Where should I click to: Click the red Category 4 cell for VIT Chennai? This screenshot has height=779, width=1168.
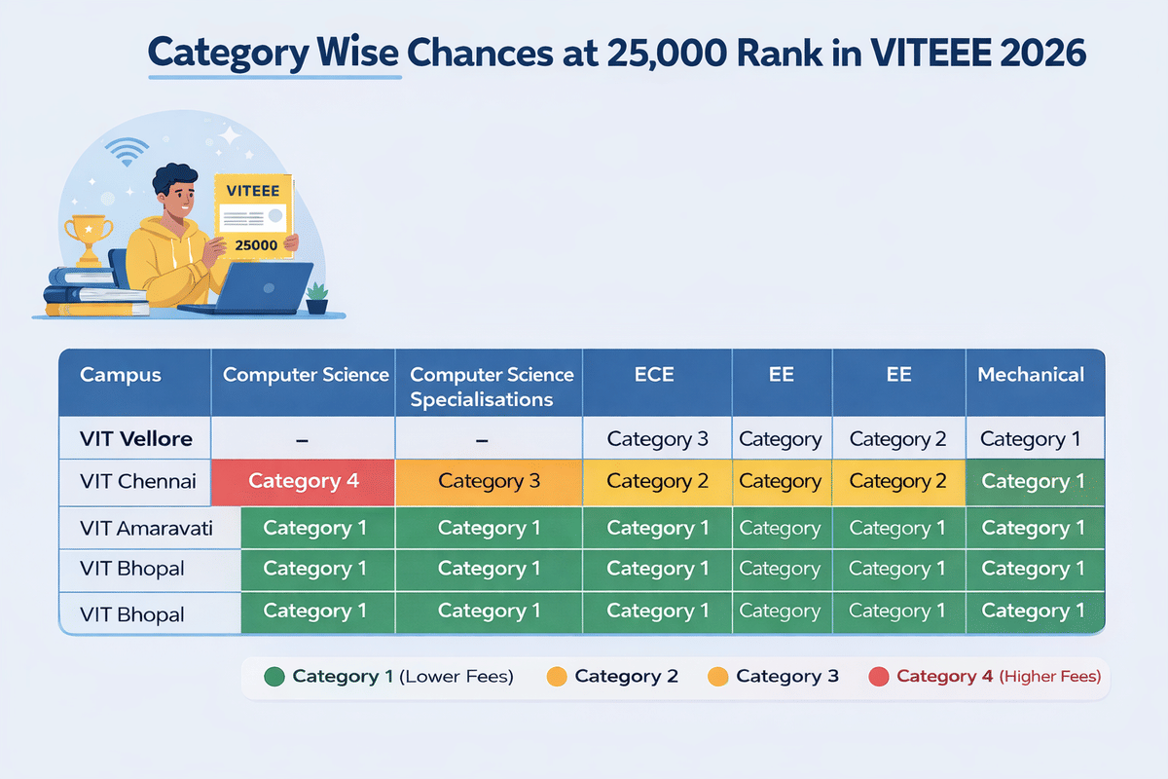coord(303,481)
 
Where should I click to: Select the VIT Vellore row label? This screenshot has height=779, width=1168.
coord(136,439)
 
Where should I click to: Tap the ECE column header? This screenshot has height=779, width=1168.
coord(655,375)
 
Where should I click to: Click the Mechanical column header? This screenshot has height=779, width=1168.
coord(1031,375)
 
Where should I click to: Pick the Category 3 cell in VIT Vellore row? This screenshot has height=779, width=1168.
coord(657,439)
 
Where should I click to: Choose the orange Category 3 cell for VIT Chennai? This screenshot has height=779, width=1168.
coord(489,481)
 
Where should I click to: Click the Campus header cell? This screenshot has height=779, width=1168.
coord(121,375)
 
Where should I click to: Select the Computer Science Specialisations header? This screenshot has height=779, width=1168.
coord(491,387)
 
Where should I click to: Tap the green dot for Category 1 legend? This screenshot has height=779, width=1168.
coord(274,677)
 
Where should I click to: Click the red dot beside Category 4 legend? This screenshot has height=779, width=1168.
coord(878,677)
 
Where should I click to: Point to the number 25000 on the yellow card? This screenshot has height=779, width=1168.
coord(256,245)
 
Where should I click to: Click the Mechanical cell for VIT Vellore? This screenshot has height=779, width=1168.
coord(1031,439)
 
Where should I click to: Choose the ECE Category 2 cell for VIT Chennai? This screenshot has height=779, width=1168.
coord(657,481)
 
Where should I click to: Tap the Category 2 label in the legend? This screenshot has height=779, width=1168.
coord(626,677)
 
